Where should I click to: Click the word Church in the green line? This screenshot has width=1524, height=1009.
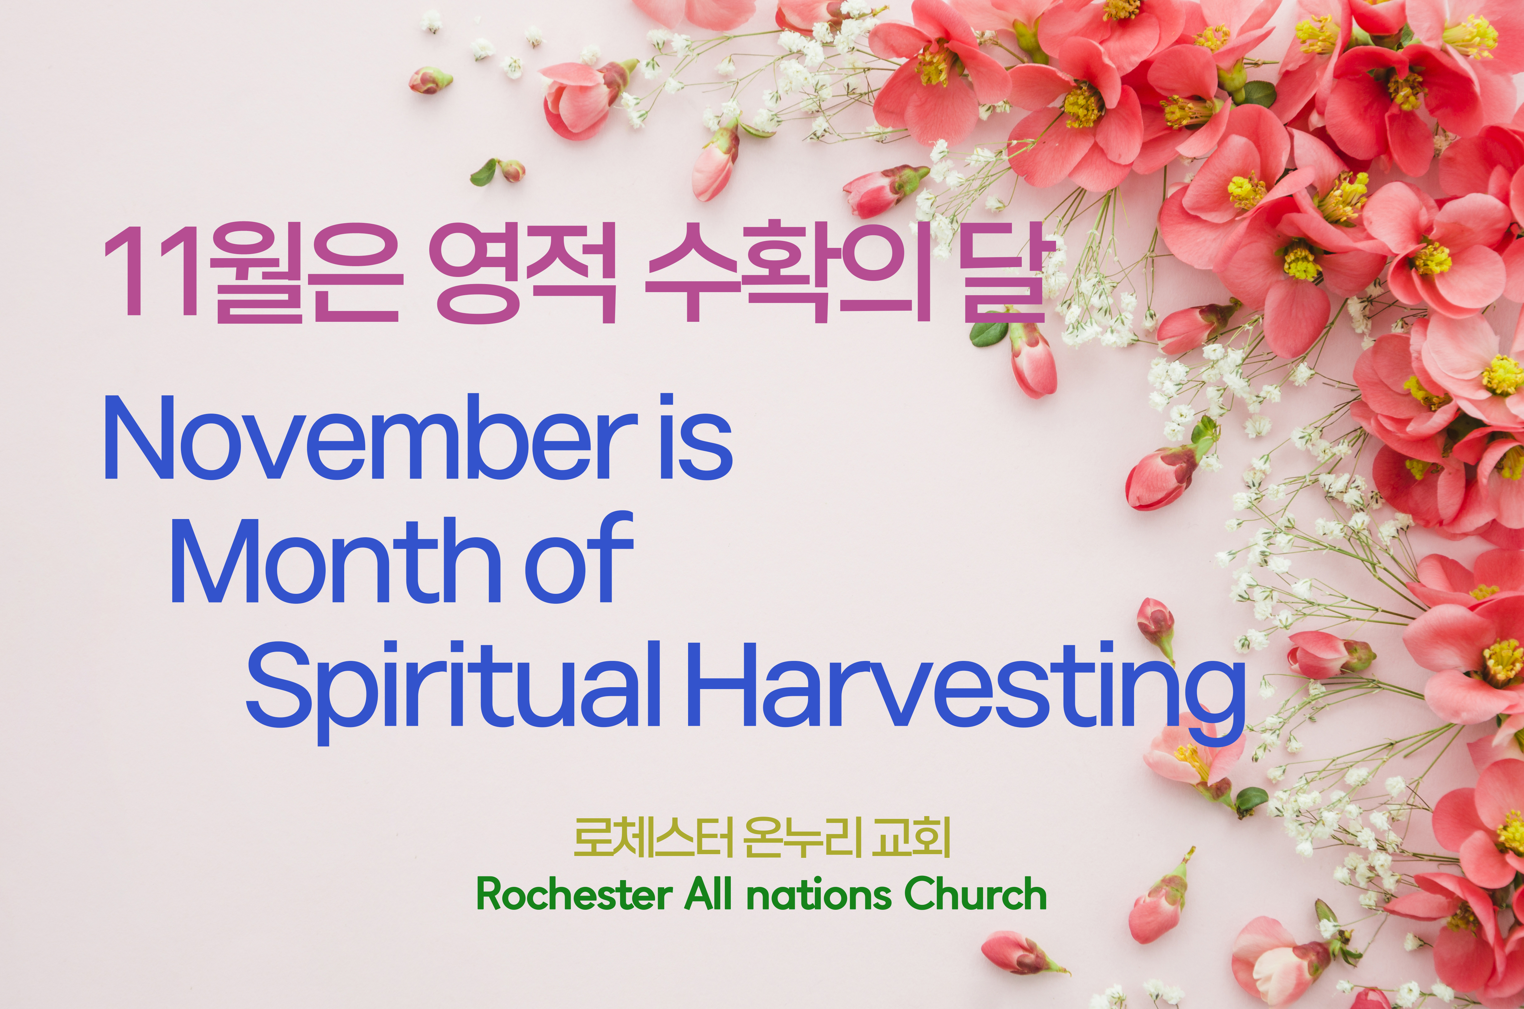[x=975, y=894]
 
